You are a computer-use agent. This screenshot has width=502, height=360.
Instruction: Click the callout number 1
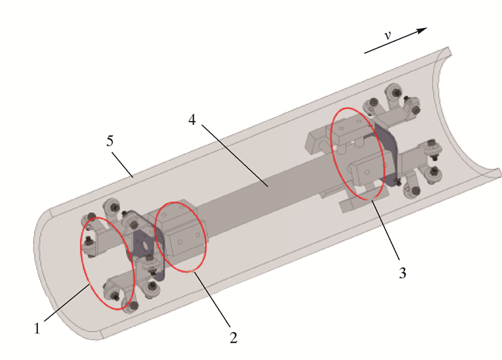[x=37, y=328]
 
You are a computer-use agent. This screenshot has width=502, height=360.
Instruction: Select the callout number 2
[x=234, y=338]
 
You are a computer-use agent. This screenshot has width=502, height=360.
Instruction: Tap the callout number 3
[x=402, y=273]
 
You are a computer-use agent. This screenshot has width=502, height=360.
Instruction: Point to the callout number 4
[x=191, y=120]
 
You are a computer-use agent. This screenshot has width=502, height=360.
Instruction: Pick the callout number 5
[x=110, y=141]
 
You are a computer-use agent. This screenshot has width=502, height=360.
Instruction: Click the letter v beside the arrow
[x=388, y=35]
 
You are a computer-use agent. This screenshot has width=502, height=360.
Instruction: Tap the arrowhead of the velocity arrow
[x=421, y=30]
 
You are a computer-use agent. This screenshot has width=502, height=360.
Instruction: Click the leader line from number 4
[x=235, y=156]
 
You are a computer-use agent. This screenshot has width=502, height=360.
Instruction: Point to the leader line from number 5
[x=123, y=165]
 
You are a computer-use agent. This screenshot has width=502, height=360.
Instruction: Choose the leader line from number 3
[x=386, y=229]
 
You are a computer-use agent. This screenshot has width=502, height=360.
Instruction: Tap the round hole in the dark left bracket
[x=145, y=245]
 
